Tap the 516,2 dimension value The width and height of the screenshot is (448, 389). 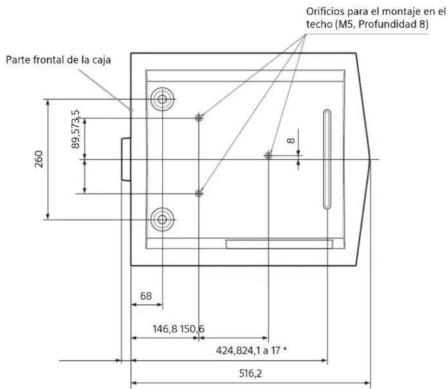[x=250, y=373]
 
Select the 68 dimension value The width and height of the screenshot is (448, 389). [x=146, y=296]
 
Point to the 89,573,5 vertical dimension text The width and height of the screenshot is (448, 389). [x=76, y=129]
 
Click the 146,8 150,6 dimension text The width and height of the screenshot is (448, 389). [x=179, y=329]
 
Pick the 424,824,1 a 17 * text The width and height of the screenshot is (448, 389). [x=251, y=350]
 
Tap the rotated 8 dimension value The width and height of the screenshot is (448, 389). [x=291, y=140]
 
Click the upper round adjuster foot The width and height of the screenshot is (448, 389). [x=162, y=99]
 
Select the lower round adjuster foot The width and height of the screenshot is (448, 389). [x=162, y=220]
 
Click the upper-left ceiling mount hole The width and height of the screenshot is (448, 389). [x=199, y=118]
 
